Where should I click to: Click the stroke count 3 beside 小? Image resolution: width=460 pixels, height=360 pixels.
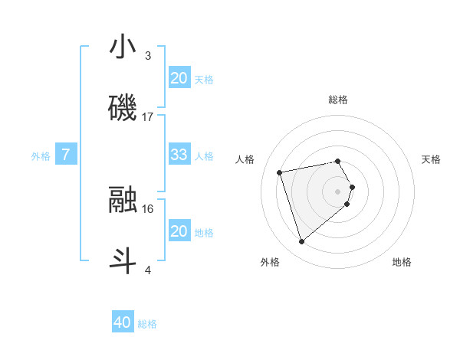point(147,56)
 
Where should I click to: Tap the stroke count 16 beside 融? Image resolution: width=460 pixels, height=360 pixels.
point(148,208)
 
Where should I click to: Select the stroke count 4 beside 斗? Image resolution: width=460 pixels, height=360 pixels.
point(147,269)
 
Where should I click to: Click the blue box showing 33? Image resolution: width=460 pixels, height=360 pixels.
point(179,155)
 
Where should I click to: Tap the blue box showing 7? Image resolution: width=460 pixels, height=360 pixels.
point(66,155)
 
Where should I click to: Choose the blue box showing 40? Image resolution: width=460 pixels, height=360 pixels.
point(123,322)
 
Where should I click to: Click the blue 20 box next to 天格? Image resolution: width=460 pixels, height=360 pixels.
point(179,78)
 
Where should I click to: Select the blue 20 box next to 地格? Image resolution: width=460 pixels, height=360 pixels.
point(179,231)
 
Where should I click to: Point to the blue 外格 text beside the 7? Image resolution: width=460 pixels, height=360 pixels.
point(41,155)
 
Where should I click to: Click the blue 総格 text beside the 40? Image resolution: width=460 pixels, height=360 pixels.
point(148,324)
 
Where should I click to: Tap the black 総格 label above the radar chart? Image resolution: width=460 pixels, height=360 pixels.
point(338,100)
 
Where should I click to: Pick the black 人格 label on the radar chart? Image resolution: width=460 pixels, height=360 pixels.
point(245,159)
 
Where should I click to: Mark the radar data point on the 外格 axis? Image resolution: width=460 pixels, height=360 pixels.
point(302,241)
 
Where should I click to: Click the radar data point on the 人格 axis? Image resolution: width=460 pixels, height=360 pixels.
point(280,172)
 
